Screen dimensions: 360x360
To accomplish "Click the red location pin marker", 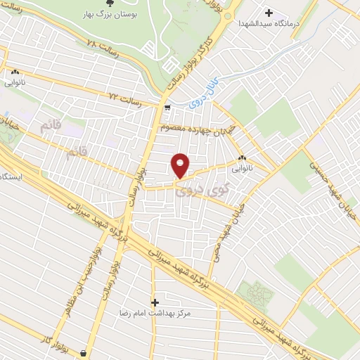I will (180, 165).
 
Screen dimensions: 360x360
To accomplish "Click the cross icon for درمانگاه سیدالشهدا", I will (269, 12).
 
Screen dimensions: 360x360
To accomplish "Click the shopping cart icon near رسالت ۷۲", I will (167, 108).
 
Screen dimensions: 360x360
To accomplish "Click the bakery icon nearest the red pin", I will (243, 157).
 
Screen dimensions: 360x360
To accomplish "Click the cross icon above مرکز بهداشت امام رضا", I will (155, 302).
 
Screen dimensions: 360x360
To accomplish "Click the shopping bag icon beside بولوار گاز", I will (84, 352).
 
